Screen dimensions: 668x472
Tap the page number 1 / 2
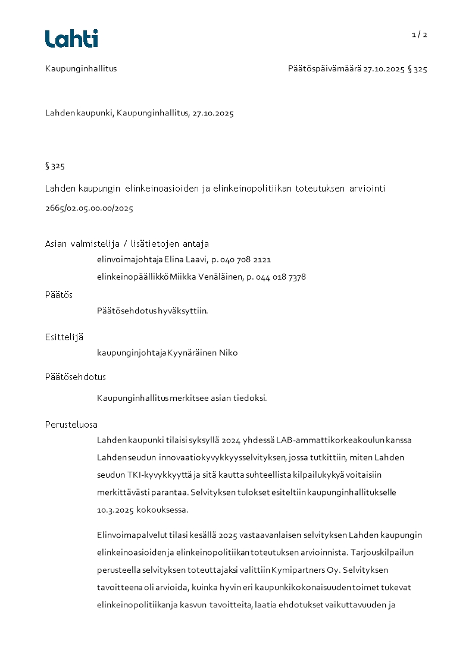pyautogui.click(x=419, y=35)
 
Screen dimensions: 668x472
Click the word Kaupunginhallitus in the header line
pyautogui.click(x=81, y=68)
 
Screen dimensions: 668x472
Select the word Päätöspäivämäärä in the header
pyautogui.click(x=324, y=69)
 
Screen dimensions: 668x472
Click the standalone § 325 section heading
pyautogui.click(x=55, y=166)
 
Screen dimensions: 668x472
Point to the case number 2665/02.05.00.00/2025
pyautogui.click(x=89, y=208)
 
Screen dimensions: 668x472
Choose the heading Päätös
pyautogui.click(x=59, y=295)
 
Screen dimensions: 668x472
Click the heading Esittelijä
pyautogui.click(x=64, y=337)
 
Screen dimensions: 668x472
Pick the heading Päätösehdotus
pyautogui.click(x=76, y=377)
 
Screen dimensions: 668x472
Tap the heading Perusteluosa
pyautogui.click(x=71, y=425)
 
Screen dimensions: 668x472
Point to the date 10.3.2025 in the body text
pyautogui.click(x=115, y=510)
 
